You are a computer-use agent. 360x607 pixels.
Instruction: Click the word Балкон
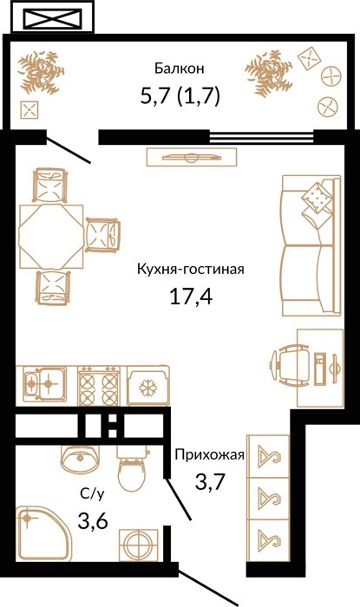click(180, 69)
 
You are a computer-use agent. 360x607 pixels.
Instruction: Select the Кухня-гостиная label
click(191, 269)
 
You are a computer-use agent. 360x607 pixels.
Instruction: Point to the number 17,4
click(191, 297)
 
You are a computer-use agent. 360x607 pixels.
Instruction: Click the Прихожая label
click(209, 454)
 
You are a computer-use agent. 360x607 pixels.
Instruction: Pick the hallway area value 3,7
click(210, 481)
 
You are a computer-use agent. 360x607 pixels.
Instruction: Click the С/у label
click(92, 494)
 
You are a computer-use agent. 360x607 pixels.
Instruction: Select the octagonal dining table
click(51, 237)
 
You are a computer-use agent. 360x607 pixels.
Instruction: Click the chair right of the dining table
click(103, 235)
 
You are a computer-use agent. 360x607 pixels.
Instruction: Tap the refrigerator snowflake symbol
click(148, 388)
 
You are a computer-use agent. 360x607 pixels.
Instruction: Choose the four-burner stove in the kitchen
click(99, 386)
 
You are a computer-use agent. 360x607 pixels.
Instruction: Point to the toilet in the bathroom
click(133, 467)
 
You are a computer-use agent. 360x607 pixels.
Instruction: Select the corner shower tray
click(43, 533)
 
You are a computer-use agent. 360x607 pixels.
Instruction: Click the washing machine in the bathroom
click(139, 545)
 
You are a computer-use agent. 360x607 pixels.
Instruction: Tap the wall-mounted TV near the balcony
click(192, 157)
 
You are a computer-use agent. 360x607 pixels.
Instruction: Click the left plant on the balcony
click(41, 72)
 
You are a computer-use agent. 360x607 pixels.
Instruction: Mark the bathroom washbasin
click(80, 459)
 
